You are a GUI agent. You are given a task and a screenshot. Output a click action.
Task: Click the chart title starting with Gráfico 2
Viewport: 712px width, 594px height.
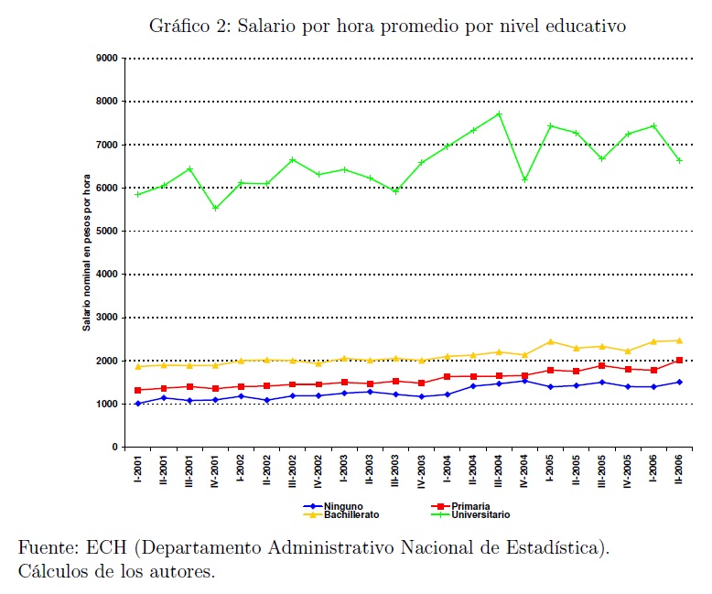(x=387, y=27)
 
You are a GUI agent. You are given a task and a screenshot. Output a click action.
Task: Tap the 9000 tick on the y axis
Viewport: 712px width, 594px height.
(x=108, y=59)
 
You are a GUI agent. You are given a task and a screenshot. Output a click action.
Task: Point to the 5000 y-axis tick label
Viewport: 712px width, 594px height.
(x=108, y=232)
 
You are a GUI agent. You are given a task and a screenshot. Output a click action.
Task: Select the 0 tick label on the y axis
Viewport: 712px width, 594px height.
(x=115, y=448)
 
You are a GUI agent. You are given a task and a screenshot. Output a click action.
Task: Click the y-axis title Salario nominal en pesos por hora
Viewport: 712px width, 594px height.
(x=88, y=252)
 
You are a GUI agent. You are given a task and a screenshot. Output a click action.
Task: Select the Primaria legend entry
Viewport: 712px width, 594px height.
(x=470, y=505)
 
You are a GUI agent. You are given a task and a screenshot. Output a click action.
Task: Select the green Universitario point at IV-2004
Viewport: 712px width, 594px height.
(x=525, y=179)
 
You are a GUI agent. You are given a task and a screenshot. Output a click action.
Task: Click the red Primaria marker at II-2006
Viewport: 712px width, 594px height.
(x=680, y=361)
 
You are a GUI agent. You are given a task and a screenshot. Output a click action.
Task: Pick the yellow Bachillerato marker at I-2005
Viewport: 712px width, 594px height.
(x=551, y=342)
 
